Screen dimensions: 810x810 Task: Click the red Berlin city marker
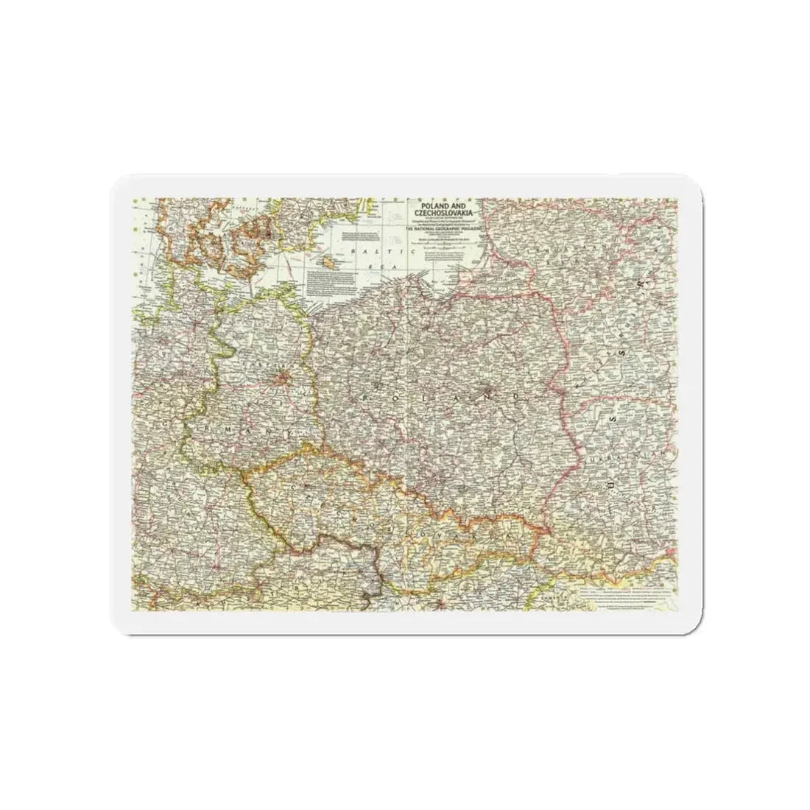(282, 381)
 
